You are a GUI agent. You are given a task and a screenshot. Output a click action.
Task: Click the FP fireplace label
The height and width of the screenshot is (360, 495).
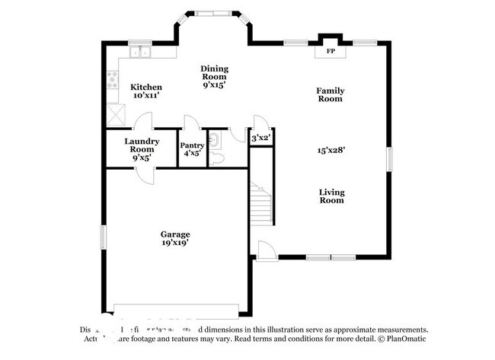coord(331,52)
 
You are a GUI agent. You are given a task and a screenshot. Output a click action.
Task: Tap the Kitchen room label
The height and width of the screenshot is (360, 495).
coord(145,88)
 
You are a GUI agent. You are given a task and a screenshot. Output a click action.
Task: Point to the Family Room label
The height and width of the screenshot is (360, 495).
coord(331,95)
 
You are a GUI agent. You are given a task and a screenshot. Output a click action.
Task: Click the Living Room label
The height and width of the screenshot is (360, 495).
coord(331,196)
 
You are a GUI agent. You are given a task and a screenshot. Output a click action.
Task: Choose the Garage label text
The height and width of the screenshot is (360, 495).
coord(174,234)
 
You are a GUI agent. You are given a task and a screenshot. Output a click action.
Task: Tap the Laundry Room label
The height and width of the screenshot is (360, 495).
coord(142,145)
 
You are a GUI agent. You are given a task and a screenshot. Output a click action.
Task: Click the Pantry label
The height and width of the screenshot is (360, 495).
coord(192,145)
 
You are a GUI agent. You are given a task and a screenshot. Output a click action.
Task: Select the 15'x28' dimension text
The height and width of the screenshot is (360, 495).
coord(331,150)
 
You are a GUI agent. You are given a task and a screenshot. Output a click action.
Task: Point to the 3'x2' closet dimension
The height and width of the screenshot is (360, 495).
coord(261,139)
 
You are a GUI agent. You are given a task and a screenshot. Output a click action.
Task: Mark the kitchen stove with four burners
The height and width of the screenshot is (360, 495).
coord(113,79)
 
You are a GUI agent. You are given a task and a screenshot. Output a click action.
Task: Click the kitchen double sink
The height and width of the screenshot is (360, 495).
coord(140,53)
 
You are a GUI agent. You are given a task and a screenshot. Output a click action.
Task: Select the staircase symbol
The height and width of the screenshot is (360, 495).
coord(261,201)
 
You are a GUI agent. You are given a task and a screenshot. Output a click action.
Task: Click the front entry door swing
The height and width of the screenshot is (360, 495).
coord(264,250)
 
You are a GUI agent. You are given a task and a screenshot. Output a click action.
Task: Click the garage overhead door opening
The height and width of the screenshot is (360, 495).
coord(175,312)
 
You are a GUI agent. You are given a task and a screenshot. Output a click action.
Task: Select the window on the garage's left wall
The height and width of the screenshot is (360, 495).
coord(104,236)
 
